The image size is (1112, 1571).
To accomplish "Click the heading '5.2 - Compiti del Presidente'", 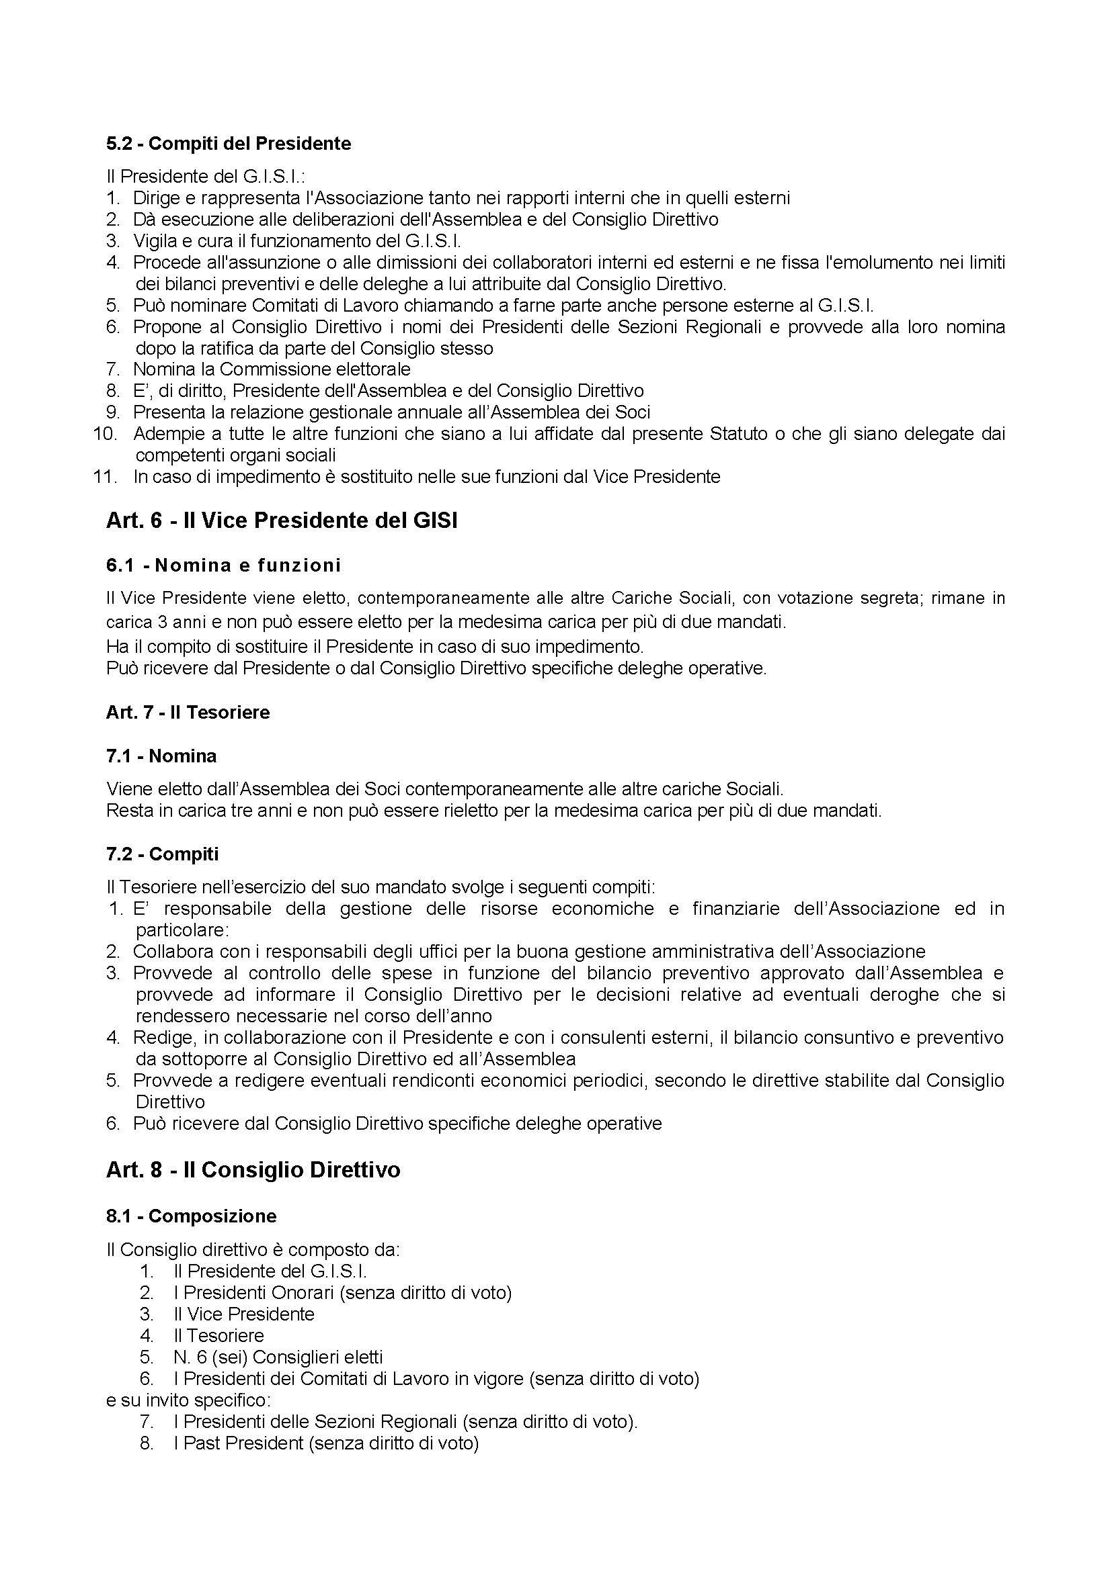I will point(229,144).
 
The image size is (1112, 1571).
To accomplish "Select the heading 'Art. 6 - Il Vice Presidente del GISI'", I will point(282,521).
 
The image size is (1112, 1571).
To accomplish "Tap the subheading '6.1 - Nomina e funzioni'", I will point(223,565).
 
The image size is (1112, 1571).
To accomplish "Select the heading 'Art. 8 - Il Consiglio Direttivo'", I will point(253,1170).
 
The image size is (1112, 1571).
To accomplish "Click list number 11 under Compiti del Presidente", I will point(106,477).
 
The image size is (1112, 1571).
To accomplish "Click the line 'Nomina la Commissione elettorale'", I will point(272,369).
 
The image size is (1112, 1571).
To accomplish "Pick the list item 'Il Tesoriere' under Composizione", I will point(219,1336).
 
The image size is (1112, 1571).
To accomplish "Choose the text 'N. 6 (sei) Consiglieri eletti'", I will point(278,1357).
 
